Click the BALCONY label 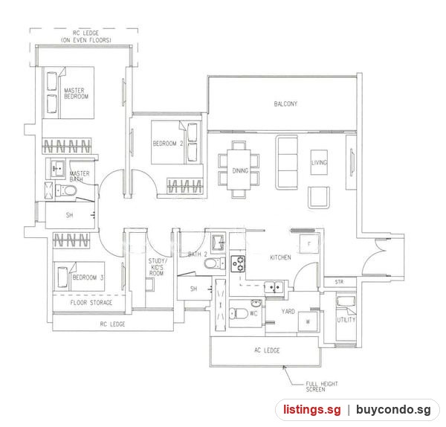click(285, 104)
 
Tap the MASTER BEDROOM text click(76, 94)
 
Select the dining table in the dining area click(239, 170)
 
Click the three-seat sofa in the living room click(286, 163)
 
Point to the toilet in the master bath click(66, 190)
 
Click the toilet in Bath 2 click(215, 263)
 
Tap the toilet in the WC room click(239, 314)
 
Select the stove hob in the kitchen click(238, 263)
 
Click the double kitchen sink click(274, 287)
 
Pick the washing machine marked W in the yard click(308, 322)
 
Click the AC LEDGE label click(267, 350)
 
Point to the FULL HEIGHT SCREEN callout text click(322, 387)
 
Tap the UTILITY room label click(346, 320)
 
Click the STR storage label click(339, 282)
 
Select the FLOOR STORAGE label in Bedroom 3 click(91, 303)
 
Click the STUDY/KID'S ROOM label click(158, 267)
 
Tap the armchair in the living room click(319, 198)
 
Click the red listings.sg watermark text click(312, 410)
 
